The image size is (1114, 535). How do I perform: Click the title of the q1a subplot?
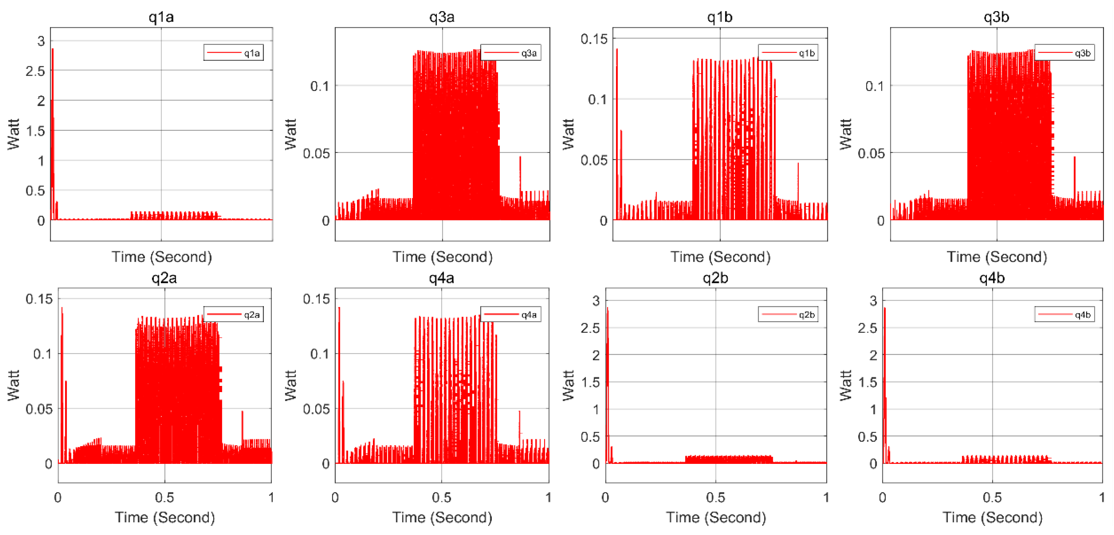coord(161,17)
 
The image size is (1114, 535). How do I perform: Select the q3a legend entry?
coord(511,53)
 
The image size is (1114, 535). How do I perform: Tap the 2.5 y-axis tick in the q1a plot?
coord(35,71)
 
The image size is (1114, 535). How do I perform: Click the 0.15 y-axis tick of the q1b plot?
coord(594,39)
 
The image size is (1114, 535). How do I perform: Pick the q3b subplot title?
coord(996,17)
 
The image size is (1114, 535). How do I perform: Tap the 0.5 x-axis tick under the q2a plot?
coord(164,497)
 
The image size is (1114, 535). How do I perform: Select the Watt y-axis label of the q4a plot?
coord(291,385)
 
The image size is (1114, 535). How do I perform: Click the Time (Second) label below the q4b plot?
coord(992,517)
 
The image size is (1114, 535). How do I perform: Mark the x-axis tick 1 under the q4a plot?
coord(548,497)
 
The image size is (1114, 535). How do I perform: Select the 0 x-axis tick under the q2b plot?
coord(605,497)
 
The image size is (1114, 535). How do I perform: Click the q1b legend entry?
coord(788,53)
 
